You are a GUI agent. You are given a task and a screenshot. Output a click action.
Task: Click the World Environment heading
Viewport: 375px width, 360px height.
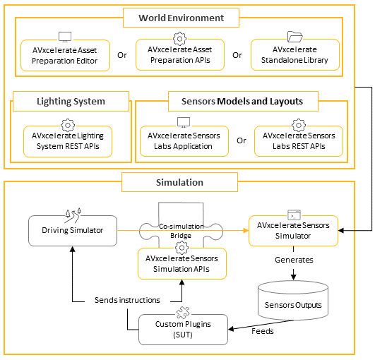tap(181, 17)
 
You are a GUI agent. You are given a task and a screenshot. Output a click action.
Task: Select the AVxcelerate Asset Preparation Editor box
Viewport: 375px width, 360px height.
tap(64, 55)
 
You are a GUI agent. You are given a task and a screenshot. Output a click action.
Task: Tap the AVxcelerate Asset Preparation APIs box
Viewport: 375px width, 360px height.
tap(180, 55)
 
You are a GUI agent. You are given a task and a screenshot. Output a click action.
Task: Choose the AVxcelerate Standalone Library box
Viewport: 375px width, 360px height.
tap(294, 55)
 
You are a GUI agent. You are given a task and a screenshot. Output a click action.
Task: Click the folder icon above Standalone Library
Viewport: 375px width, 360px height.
tap(294, 35)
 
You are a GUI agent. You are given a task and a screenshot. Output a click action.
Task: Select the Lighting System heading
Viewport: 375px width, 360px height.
tap(70, 102)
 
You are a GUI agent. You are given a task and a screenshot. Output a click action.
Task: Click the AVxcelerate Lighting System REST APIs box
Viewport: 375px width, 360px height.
tap(68, 141)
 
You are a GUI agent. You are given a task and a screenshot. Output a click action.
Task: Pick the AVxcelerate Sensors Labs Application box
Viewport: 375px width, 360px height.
tap(180, 141)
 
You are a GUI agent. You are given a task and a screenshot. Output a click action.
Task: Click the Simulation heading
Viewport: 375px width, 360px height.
tap(179, 182)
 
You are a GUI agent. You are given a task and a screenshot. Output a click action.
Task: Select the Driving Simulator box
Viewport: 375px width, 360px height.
tap(72, 231)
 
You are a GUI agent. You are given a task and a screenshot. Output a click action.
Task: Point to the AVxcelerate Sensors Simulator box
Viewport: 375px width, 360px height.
tap(294, 230)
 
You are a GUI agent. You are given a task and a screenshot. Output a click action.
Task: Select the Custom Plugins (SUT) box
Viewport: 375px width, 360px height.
tap(183, 329)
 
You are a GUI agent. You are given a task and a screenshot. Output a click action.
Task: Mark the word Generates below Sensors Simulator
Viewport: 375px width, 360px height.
tap(294, 260)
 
